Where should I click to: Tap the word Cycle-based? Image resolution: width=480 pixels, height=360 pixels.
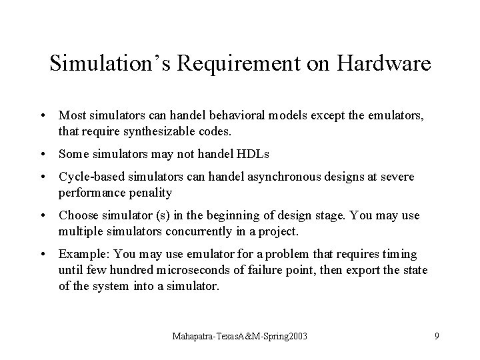(86, 177)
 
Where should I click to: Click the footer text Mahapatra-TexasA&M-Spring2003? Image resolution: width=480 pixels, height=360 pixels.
(240, 337)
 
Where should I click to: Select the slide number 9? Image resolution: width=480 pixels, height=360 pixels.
(437, 337)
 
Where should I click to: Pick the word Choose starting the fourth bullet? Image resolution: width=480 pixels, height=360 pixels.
(77, 215)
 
